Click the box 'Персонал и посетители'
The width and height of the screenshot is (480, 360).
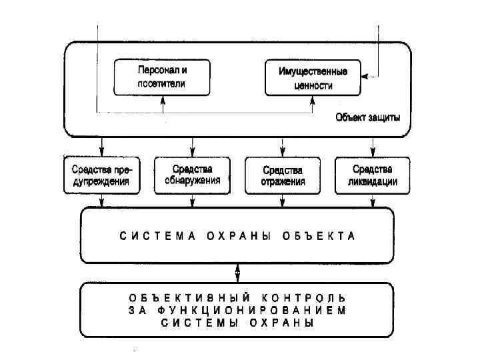[x=161, y=77]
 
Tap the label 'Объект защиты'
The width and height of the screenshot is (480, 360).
[x=368, y=118]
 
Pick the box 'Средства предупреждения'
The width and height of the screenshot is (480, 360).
[x=102, y=175]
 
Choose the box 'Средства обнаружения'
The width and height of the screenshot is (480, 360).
[x=192, y=175]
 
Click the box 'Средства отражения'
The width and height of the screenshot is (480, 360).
[x=283, y=175]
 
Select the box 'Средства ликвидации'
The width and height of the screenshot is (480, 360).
[x=373, y=175]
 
